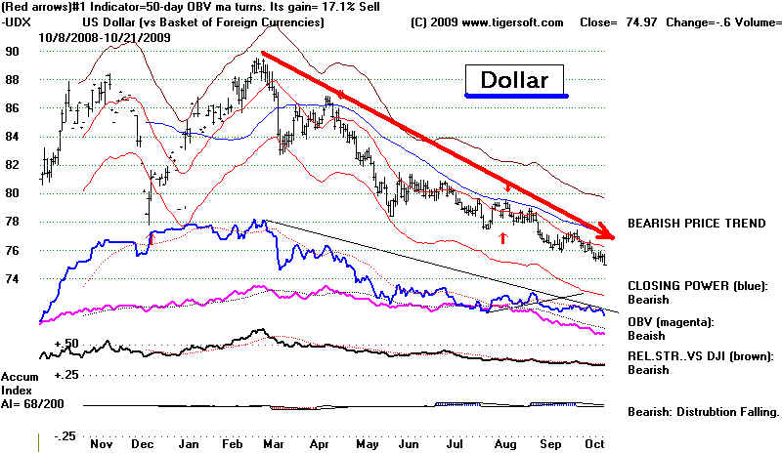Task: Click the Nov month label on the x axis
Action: click(x=101, y=441)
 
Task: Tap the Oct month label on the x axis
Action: click(x=594, y=441)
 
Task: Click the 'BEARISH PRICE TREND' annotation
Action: click(x=696, y=224)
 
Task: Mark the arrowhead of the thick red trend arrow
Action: click(x=607, y=235)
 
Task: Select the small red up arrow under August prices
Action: click(x=502, y=236)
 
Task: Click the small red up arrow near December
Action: click(x=151, y=235)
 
